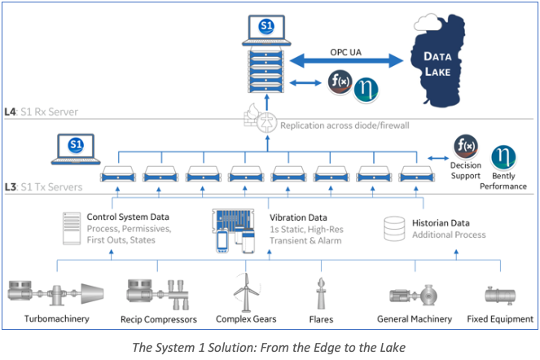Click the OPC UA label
pos(346,52)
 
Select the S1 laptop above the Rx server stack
pos(266,30)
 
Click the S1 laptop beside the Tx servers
pos(76,149)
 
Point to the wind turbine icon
pos(245,293)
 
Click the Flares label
pos(321,319)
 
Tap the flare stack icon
pos(321,293)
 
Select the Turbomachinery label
pos(57,318)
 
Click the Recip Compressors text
pos(159,319)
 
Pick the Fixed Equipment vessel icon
pos(500,295)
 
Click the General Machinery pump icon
pos(414,296)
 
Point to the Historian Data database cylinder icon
pos(394,228)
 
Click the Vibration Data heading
pos(298,217)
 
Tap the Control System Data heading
pos(128,217)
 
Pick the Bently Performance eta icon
pos(503,157)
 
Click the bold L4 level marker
pos(10,112)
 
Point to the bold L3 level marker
pos(10,187)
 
